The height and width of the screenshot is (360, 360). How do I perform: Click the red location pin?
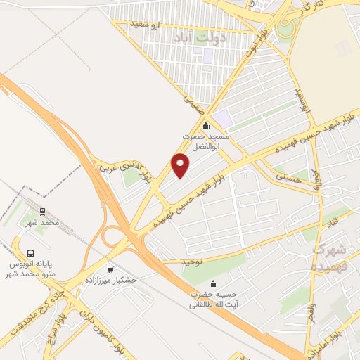181,165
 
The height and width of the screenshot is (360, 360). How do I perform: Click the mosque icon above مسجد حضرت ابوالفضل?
205,126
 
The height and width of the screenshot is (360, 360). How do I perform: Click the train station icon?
43,210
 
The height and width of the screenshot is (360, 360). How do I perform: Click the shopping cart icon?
110,269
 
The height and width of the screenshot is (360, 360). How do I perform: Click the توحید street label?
193,262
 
